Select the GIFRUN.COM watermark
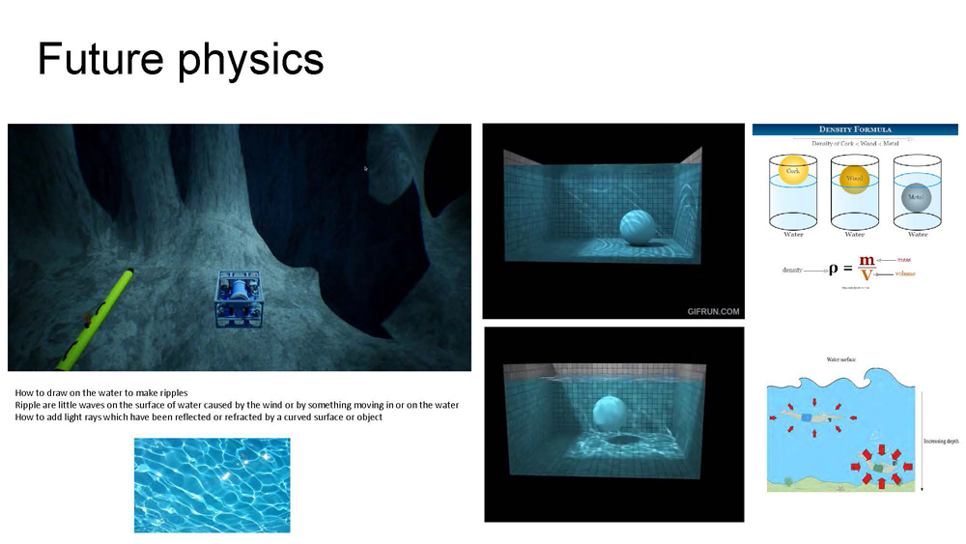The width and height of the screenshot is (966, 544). pos(713,311)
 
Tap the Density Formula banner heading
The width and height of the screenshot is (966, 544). pos(855,129)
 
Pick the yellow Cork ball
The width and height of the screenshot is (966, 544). pos(793,171)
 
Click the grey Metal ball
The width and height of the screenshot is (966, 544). pos(916,196)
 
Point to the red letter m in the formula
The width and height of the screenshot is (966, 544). pos(867,262)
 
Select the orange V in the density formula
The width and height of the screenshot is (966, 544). pos(867,276)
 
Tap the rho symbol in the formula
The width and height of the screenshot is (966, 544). pos(833,270)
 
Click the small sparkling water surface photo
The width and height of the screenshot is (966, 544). pos(212,485)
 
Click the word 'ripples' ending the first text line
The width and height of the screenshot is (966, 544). pos(175,392)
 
